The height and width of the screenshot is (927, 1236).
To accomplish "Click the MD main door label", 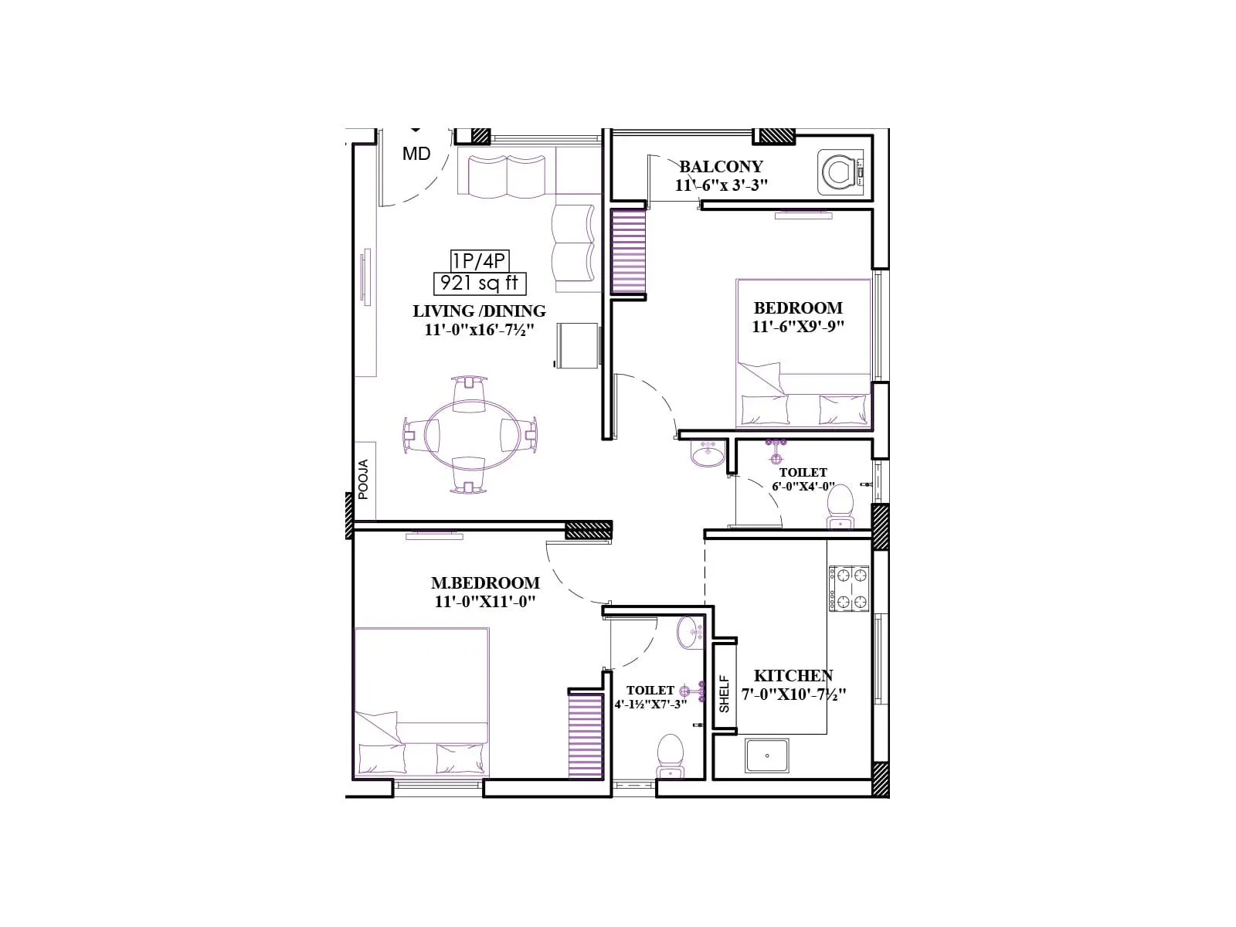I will [416, 154].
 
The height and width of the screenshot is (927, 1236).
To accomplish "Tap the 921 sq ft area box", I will [479, 284].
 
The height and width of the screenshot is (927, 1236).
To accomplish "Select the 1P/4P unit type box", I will [479, 260].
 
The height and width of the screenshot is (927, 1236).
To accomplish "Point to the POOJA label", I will [363, 479].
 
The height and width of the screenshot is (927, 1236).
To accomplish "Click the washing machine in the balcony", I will [840, 171].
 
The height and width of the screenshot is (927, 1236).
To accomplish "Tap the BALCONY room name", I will [721, 167].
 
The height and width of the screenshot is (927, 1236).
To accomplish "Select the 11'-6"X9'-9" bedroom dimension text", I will [798, 327].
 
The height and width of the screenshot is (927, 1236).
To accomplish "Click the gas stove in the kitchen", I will [849, 588].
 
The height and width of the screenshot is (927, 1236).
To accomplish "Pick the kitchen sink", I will [767, 756].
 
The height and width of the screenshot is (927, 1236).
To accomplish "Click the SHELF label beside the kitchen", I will [725, 694].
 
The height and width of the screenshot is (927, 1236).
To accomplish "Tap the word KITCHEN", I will [793, 676].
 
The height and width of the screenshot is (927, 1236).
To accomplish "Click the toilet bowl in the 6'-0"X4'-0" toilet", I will [840, 504].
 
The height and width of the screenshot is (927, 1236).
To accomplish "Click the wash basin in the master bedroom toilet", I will [688, 633].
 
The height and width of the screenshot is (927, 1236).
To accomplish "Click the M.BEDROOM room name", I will [485, 583].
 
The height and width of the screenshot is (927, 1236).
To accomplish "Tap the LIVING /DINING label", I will [479, 311].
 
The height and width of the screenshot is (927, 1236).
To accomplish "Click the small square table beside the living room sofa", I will [577, 345].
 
